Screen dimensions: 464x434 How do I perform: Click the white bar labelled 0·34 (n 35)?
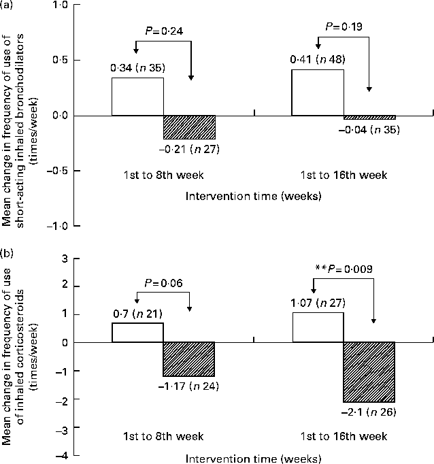(x=137, y=97)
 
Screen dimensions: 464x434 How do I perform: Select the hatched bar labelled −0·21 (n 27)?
(x=189, y=127)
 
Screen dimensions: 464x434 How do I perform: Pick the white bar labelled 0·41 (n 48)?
(x=318, y=93)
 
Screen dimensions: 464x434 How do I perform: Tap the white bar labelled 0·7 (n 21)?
(x=137, y=332)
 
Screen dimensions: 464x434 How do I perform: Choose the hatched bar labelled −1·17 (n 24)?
(x=189, y=359)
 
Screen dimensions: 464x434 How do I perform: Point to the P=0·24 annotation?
(x=164, y=29)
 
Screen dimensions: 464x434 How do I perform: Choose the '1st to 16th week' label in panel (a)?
(x=344, y=175)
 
